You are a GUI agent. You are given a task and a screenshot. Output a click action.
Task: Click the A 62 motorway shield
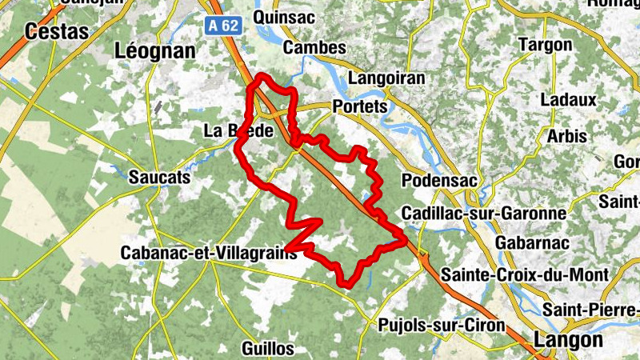pyautogui.click(x=223, y=26)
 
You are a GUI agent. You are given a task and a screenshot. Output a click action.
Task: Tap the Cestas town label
pyautogui.click(x=57, y=31)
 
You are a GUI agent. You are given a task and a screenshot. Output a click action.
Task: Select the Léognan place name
pyautogui.click(x=155, y=51)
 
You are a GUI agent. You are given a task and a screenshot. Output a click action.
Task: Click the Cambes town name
pyautogui.click(x=314, y=48)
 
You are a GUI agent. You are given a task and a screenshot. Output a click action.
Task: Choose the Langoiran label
pyautogui.click(x=386, y=79)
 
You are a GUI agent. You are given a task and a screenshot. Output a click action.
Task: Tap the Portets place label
pyautogui.click(x=359, y=106)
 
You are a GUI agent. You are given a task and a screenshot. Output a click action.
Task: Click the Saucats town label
pyautogui.click(x=160, y=178)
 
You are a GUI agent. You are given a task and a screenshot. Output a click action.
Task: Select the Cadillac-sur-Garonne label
pyautogui.click(x=483, y=214)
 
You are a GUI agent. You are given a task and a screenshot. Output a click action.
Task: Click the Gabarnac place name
pyautogui.click(x=532, y=242)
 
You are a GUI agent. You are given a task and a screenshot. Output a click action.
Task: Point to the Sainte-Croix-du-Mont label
pyautogui.click(x=527, y=274)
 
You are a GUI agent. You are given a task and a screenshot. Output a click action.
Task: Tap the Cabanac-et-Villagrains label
pyautogui.click(x=208, y=253)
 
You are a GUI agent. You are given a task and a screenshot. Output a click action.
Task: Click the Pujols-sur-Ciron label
pyautogui.click(x=440, y=326)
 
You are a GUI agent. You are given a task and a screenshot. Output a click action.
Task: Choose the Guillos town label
pyautogui.click(x=267, y=349)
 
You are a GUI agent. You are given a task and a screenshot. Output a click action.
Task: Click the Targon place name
pyautogui.click(x=546, y=46)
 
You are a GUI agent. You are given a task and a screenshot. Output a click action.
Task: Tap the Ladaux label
pyautogui.click(x=568, y=101)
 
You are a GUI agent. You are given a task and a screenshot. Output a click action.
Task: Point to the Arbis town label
pyautogui.click(x=567, y=137)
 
